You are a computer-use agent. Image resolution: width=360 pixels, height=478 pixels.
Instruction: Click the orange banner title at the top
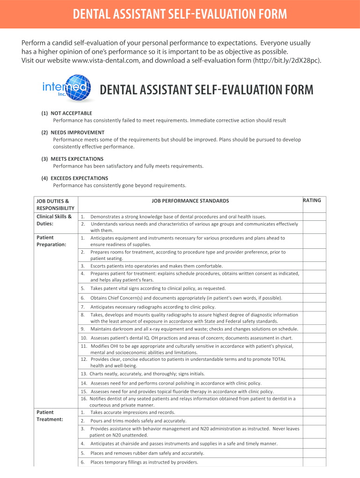point(180,14)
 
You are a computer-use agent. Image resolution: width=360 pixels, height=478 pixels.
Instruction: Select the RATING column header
point(312,200)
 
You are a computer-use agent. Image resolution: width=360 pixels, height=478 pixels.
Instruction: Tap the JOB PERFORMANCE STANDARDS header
point(190,201)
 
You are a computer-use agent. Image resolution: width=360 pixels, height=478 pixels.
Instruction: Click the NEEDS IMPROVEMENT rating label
point(77,133)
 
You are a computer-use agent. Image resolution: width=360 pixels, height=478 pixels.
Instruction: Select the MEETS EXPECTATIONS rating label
point(77,159)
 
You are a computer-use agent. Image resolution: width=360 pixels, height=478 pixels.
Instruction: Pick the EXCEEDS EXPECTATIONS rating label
point(79,178)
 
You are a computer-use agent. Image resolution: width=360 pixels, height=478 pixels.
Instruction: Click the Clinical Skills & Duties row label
point(54,220)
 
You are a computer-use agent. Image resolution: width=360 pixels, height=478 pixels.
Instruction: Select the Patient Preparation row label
point(51,241)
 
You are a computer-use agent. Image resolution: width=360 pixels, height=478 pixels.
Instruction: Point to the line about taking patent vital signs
point(158,288)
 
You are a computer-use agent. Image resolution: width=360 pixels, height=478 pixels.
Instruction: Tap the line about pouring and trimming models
point(138,421)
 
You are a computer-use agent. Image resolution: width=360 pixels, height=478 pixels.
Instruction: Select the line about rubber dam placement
point(147,453)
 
